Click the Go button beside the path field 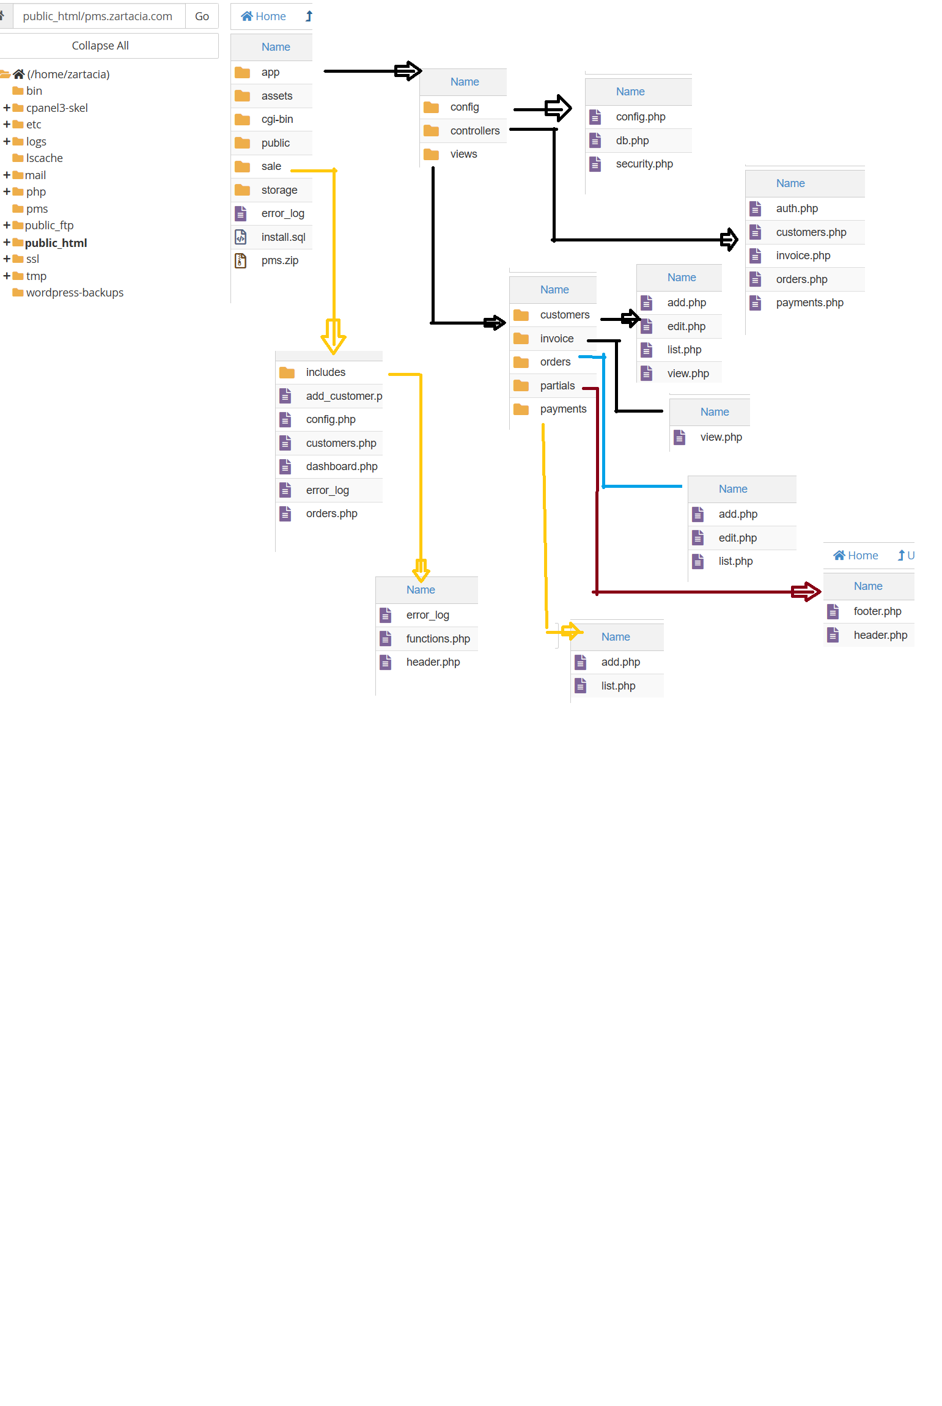202,17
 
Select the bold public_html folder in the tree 56,243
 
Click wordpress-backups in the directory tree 75,293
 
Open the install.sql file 283,237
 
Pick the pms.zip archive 279,260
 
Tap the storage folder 279,190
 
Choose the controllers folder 474,131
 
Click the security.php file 644,164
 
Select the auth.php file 797,208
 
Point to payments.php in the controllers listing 809,303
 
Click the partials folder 557,386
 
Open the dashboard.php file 341,466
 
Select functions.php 438,639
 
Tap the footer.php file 877,611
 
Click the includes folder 325,372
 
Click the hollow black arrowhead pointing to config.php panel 559,109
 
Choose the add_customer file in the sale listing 344,396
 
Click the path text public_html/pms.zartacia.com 98,17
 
